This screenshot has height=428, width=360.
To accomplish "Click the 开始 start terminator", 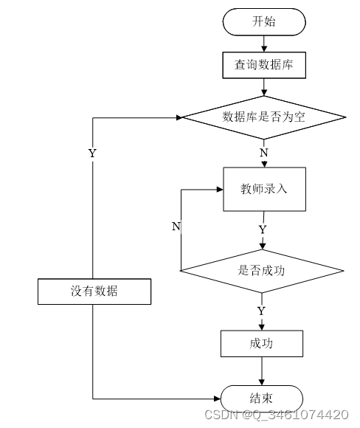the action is point(264,22).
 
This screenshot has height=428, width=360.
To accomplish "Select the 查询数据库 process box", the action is point(264,65).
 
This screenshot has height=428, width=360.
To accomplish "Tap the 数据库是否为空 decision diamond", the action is point(264,117).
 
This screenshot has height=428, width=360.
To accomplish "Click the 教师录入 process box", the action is point(264,189).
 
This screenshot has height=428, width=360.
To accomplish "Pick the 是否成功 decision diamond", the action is point(262,271).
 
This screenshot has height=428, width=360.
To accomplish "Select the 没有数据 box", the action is point(94,291).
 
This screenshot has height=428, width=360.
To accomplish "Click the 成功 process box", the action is point(261,343).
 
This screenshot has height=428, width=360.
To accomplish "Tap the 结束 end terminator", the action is point(261,398).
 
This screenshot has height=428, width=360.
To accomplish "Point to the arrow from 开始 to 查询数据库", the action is point(264,44).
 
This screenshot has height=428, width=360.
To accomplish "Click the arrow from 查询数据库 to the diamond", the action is point(264,87).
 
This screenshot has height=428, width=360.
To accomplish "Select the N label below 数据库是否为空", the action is point(263,153).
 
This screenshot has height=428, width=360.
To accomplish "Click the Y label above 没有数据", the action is point(92,153).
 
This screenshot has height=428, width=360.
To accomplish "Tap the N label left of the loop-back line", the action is point(176,226).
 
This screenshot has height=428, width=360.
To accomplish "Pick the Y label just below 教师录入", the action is point(263,229).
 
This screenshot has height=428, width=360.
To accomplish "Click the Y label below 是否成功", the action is point(261,311).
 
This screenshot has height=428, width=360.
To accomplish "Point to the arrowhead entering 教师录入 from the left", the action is point(220,189).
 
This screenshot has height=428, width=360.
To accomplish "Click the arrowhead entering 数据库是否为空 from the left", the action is point(179,117).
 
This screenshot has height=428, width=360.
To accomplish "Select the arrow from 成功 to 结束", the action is point(262,371).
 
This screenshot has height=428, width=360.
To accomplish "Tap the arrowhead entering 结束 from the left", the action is point(218,398).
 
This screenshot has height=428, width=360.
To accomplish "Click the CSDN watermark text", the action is point(277,415).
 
